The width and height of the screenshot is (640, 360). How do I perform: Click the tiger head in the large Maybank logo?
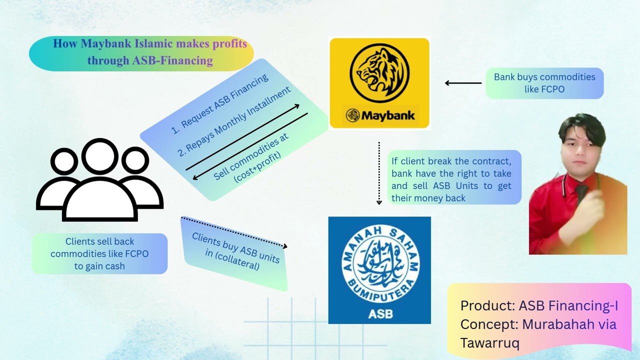tap(379, 73)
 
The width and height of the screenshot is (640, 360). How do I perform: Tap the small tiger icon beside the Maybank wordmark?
tap(352, 115)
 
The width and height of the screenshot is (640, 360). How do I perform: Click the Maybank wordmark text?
tap(388, 115)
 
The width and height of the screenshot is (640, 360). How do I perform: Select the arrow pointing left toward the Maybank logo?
tap(463, 83)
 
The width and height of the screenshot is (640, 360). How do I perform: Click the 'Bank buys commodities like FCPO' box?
tap(544, 83)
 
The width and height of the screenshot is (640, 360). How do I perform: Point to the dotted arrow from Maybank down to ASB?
tap(379, 173)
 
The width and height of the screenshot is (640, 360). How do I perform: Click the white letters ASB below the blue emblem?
tap(380, 314)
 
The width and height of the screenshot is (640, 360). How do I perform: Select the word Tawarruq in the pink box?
tap(489, 343)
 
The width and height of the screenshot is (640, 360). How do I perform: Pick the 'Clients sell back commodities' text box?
tap(99, 253)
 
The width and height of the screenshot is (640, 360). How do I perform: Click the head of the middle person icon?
tap(100, 156)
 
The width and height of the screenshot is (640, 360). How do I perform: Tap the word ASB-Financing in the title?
tap(172, 60)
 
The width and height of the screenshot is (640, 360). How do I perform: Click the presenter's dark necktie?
tap(581, 195)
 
